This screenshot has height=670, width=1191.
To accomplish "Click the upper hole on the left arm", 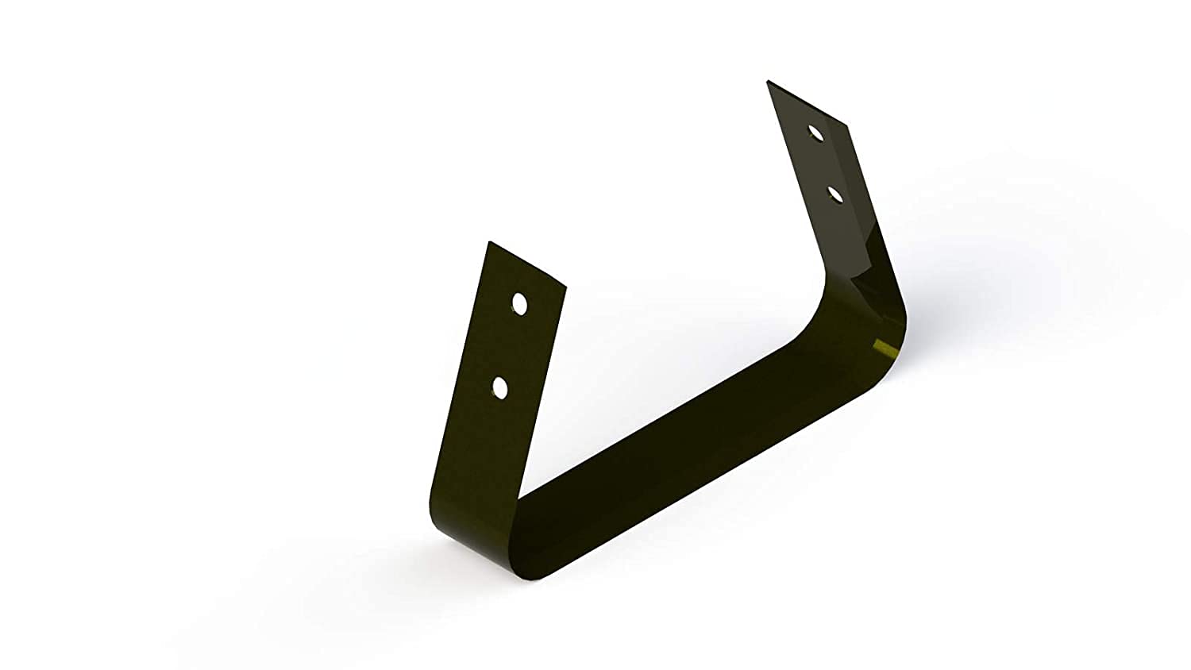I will [520, 303].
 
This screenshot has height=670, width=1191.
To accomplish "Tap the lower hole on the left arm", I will [500, 388].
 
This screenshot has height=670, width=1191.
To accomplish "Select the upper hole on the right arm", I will [815, 133].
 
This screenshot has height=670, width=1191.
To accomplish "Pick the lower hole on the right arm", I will [835, 194].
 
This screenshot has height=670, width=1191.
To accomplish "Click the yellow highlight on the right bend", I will [883, 347].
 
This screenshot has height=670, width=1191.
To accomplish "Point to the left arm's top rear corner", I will [491, 242].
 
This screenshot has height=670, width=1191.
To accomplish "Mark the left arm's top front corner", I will [565, 287].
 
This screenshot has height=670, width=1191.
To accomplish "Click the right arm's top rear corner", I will [768, 81].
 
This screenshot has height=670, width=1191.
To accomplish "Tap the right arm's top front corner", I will [846, 125].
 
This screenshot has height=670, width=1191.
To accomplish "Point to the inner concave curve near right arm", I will [814, 310].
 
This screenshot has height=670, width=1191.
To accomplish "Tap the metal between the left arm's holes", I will [510, 346].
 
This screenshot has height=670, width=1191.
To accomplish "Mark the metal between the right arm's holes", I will [826, 164].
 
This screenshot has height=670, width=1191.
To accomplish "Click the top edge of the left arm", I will [528, 264].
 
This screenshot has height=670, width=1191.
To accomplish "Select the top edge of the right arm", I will [807, 103].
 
